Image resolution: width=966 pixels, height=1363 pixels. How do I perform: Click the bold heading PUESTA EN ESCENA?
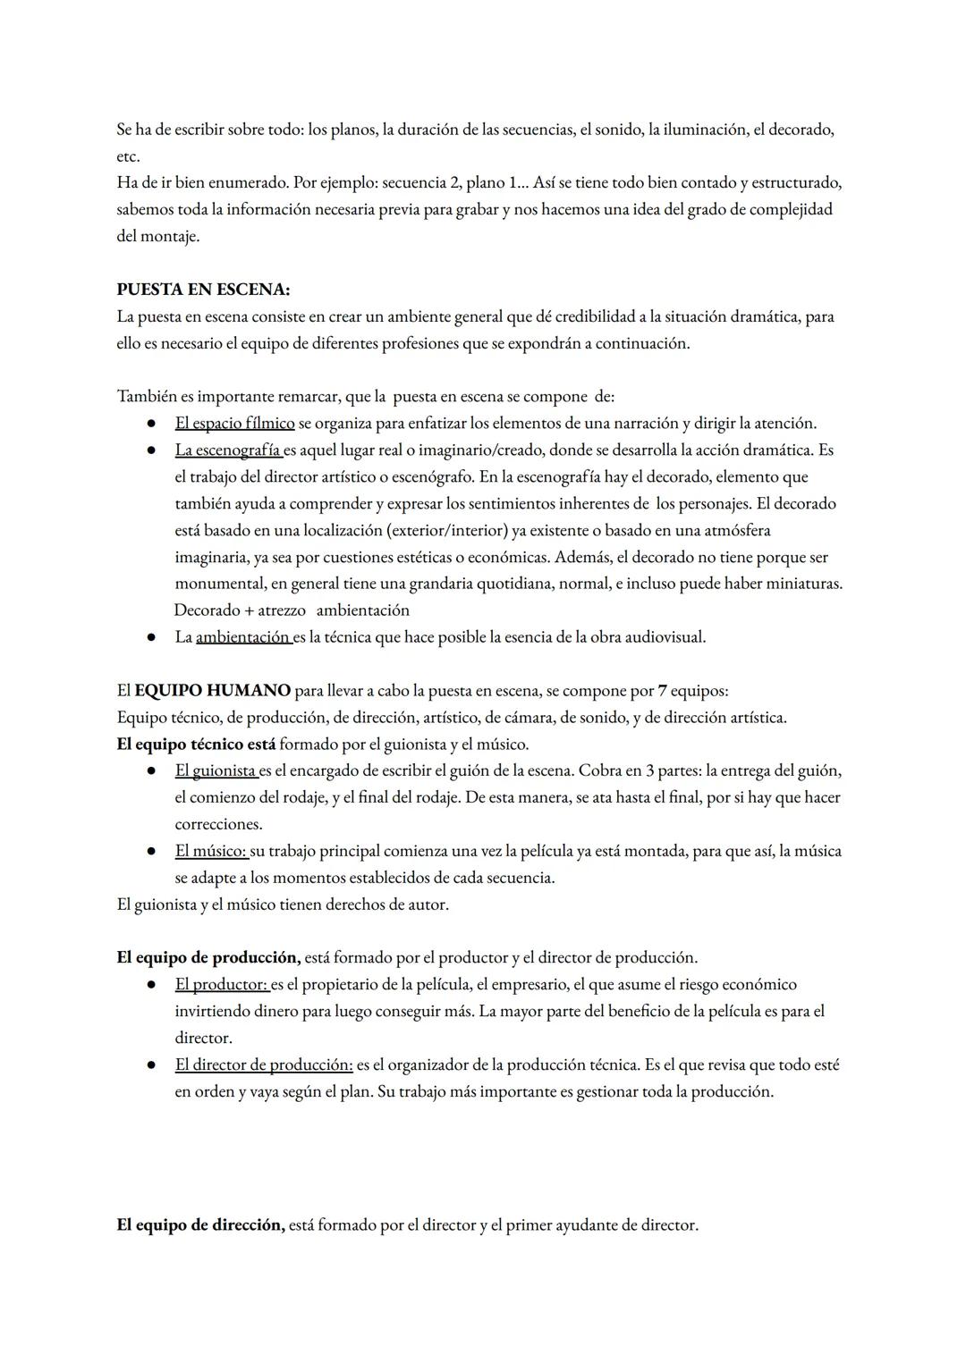pyautogui.click(x=203, y=290)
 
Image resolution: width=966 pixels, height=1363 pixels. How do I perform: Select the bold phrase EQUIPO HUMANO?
pyautogui.click(x=212, y=690)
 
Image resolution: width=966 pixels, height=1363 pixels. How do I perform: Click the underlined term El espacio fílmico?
pyautogui.click(x=234, y=423)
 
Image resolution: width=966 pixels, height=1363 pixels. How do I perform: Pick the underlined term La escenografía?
pyautogui.click(x=229, y=450)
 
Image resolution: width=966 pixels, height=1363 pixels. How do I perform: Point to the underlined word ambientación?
pyautogui.click(x=242, y=637)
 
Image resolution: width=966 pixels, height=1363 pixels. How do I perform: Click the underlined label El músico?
pyautogui.click(x=211, y=851)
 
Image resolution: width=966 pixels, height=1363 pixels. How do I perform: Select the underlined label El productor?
pyautogui.click(x=222, y=984)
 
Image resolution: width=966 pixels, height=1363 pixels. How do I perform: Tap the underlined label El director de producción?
pyautogui.click(x=264, y=1064)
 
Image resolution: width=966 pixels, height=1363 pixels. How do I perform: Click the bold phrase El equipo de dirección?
pyautogui.click(x=200, y=1224)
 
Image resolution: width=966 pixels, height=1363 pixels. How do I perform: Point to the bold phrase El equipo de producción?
pyautogui.click(x=208, y=957)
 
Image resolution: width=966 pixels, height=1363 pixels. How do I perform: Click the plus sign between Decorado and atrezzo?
pyautogui.click(x=249, y=610)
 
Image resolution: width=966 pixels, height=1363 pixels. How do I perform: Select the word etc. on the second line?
pyautogui.click(x=128, y=156)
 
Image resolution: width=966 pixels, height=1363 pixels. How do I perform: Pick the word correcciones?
pyautogui.click(x=218, y=824)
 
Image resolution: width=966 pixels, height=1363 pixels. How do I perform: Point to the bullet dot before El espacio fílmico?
pyautogui.click(x=153, y=423)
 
